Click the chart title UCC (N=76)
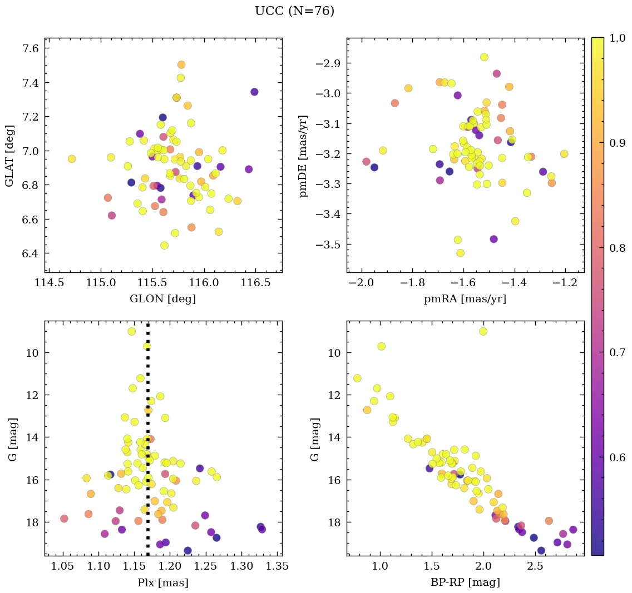pos(294,11)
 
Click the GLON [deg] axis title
pos(162,299)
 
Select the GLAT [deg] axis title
pos(9,156)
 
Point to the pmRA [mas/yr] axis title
pos(465,299)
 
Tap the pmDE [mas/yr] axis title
pos(303,156)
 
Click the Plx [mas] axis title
pos(162,582)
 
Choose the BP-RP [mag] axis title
pos(465,582)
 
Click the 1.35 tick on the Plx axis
pos(278,566)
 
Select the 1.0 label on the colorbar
pos(611,38)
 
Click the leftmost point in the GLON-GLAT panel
pos(71,159)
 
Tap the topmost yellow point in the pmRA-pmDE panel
pos(484,57)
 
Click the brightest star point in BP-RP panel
pos(483,331)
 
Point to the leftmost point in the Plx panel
pos(64,519)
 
